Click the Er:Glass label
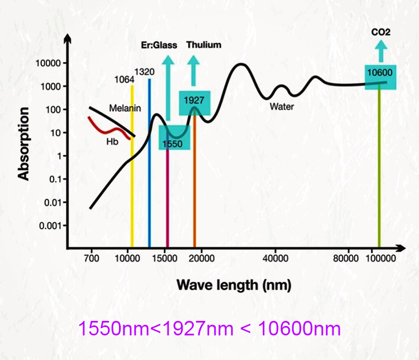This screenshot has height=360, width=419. (x=159, y=45)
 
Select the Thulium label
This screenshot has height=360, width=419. (x=203, y=45)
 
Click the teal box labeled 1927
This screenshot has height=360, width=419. (x=194, y=102)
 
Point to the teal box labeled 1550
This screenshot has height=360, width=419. (x=173, y=138)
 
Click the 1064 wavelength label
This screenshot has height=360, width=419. (x=124, y=79)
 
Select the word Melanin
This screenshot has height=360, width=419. (x=124, y=108)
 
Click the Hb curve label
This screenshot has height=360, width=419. (x=112, y=142)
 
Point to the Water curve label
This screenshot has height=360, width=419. (x=282, y=106)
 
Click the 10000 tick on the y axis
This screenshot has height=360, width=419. (x=47, y=63)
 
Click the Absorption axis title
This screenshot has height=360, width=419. (x=23, y=144)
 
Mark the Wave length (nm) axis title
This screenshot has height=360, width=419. (x=234, y=285)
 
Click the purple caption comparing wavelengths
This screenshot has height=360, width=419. (x=209, y=328)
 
